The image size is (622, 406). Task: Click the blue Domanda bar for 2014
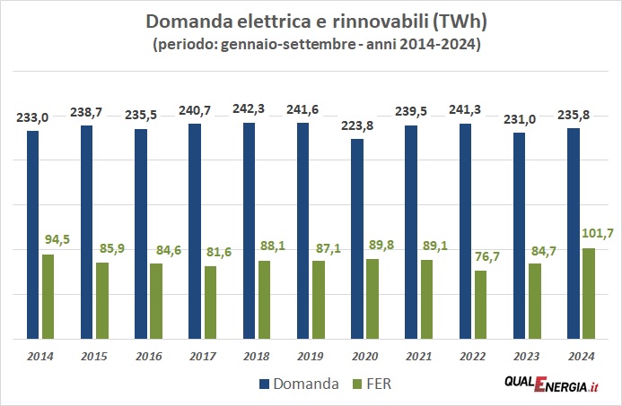click(x=33, y=235)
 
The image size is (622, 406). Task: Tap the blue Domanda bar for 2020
click(x=357, y=239)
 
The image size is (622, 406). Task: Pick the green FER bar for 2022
click(x=479, y=305)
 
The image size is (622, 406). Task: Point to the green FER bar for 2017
click(x=209, y=303)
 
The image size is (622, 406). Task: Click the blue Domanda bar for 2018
click(x=249, y=231)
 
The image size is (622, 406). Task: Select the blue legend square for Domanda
click(x=265, y=385)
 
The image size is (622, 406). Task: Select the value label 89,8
click(x=379, y=246)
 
